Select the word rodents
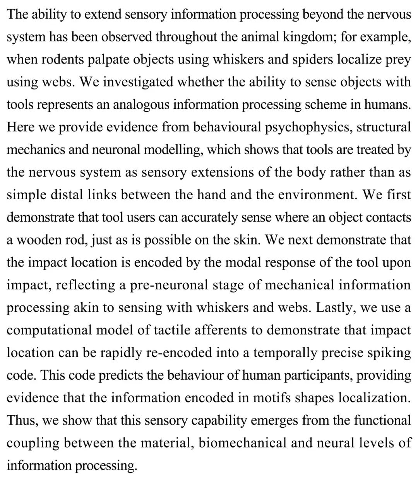pos(62,60)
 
